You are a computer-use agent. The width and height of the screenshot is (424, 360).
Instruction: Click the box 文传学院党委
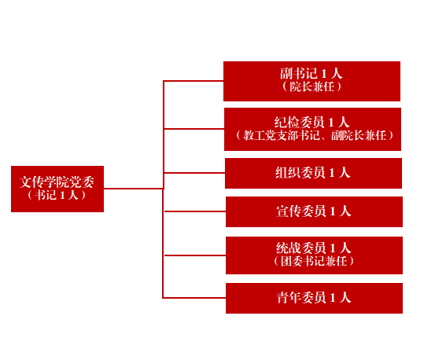tap(57, 189)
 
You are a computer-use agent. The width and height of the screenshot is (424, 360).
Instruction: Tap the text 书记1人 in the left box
tap(57, 195)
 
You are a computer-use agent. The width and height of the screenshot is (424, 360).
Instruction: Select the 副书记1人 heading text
tap(312, 74)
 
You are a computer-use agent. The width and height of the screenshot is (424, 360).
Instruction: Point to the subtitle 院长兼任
tap(312, 86)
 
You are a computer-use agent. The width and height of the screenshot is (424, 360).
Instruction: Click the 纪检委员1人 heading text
tap(312, 123)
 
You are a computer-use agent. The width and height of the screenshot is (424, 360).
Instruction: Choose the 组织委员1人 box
tap(313, 173)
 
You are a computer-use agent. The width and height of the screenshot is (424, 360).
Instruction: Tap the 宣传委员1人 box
tap(314, 212)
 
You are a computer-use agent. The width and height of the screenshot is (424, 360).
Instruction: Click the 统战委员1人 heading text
tap(314, 248)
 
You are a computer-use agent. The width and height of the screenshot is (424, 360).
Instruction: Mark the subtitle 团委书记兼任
tap(314, 261)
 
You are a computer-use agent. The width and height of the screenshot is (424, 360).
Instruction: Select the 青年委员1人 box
tap(314, 299)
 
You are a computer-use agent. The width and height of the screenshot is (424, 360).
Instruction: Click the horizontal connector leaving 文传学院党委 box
tap(134, 189)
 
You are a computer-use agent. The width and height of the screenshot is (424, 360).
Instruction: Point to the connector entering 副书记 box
tap(194, 81)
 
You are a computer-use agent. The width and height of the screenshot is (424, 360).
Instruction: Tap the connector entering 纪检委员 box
tap(194, 129)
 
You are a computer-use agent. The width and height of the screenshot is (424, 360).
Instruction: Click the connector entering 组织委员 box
tap(194, 173)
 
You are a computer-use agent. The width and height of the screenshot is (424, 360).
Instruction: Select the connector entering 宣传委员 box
tap(195, 211)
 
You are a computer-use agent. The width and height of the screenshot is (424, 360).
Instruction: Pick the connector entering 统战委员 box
tap(195, 255)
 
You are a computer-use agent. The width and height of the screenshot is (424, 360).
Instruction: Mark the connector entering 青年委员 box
tap(194, 298)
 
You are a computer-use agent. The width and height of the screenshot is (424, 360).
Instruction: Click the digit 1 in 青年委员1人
tap(333, 298)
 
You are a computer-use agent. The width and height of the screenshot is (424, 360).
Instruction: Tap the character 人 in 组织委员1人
tap(345, 173)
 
